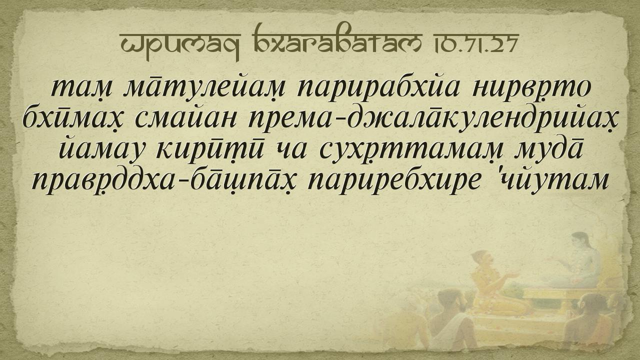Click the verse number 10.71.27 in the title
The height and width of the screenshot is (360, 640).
[x=475, y=43]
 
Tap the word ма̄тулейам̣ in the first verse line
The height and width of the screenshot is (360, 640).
[x=204, y=86]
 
